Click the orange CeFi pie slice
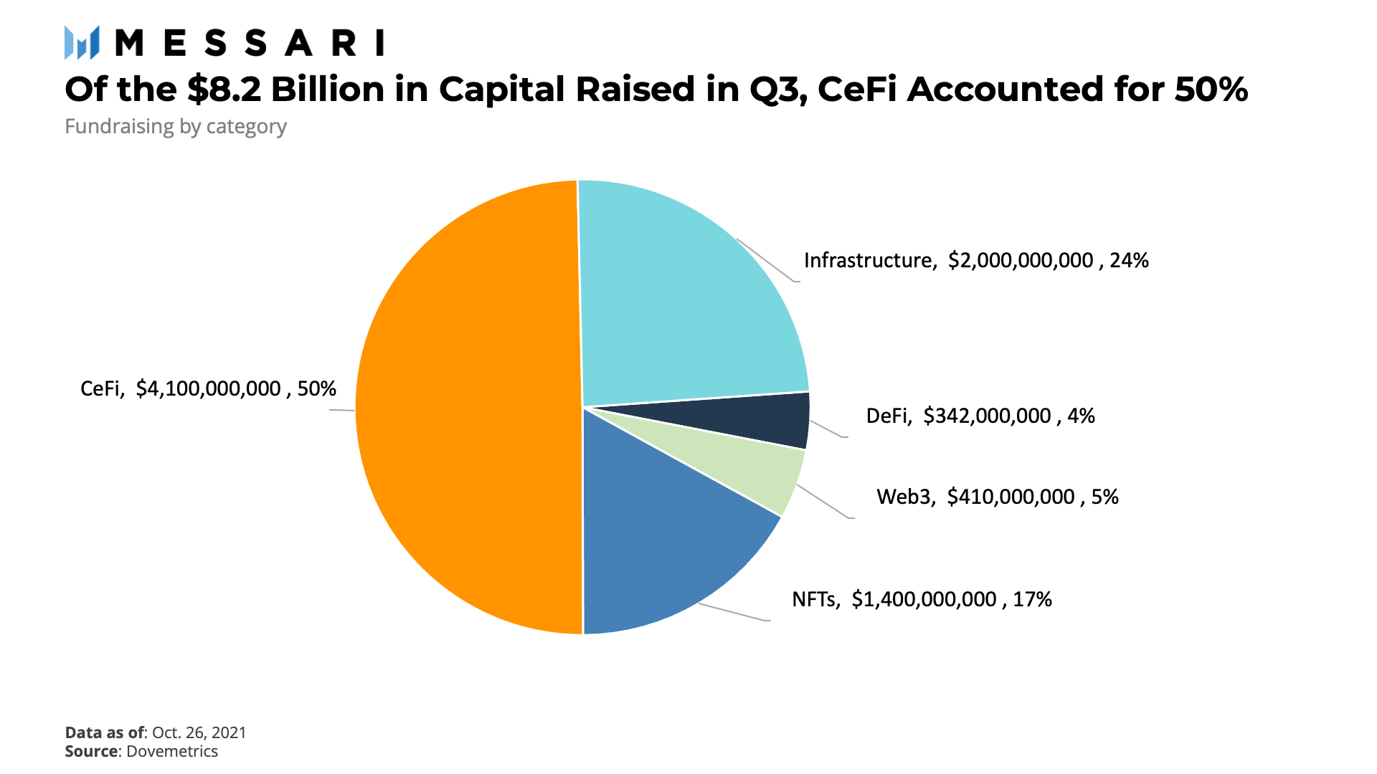tap(466, 408)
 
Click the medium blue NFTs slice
tap(660, 552)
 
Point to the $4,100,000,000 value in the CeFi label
tap(209, 388)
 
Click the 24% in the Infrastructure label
tap(1129, 260)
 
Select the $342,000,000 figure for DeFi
tap(987, 416)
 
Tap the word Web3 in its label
tap(905, 497)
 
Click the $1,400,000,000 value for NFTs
tap(924, 599)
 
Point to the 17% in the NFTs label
tap(1032, 599)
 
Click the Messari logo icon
tap(81, 42)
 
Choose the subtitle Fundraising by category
tap(176, 127)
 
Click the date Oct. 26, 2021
tap(199, 732)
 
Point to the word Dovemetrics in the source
tap(172, 751)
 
